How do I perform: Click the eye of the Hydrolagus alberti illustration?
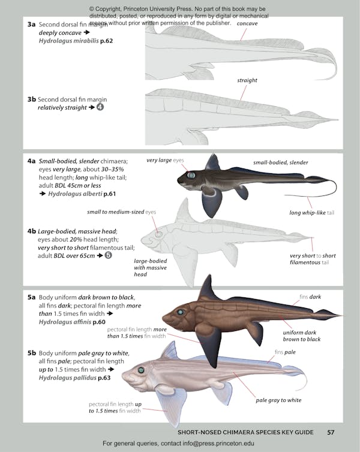point(191,175)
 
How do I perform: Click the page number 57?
point(331,432)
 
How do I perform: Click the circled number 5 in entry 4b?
point(108,255)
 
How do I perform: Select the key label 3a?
point(32,24)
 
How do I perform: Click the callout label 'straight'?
point(247,80)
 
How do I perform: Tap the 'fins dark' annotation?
point(310,297)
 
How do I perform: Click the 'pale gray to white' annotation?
point(278,400)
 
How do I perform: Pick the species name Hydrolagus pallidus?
point(71,378)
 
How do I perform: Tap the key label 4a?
point(32,161)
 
